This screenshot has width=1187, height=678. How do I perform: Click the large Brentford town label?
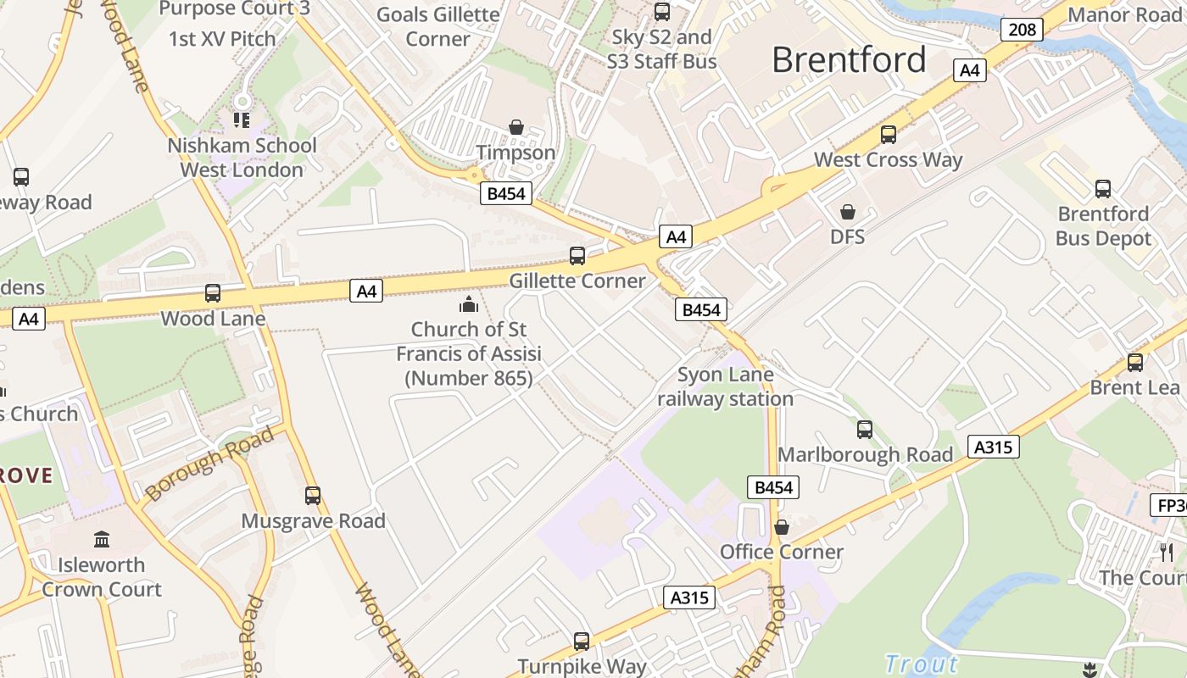point(849,60)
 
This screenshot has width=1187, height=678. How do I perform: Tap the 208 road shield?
point(1022,30)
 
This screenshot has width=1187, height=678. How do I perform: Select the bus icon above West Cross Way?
point(889,134)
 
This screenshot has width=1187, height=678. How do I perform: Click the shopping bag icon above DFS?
point(847,211)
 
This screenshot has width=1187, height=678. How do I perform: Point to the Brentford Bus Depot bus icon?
point(1102,188)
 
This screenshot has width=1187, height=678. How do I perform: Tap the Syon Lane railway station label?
point(725,386)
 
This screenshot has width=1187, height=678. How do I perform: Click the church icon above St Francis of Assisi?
point(469,304)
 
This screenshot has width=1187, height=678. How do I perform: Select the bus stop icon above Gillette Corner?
point(577,255)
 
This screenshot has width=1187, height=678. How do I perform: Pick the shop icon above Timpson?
point(515,127)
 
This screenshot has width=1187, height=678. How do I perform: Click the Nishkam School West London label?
point(242,158)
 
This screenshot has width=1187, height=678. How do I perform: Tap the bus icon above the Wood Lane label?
point(213,293)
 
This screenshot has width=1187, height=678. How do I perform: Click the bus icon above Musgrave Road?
point(313,495)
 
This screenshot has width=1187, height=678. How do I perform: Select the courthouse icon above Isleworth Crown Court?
point(102,539)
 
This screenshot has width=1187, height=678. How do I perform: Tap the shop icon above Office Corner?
point(782,527)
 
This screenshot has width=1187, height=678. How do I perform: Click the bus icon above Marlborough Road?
point(865,429)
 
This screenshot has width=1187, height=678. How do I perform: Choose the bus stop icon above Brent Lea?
point(1134,363)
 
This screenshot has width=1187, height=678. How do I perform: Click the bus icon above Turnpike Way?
point(582,642)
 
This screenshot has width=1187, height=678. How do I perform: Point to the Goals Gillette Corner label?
point(437,26)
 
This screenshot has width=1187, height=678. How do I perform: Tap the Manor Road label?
point(1124,14)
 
